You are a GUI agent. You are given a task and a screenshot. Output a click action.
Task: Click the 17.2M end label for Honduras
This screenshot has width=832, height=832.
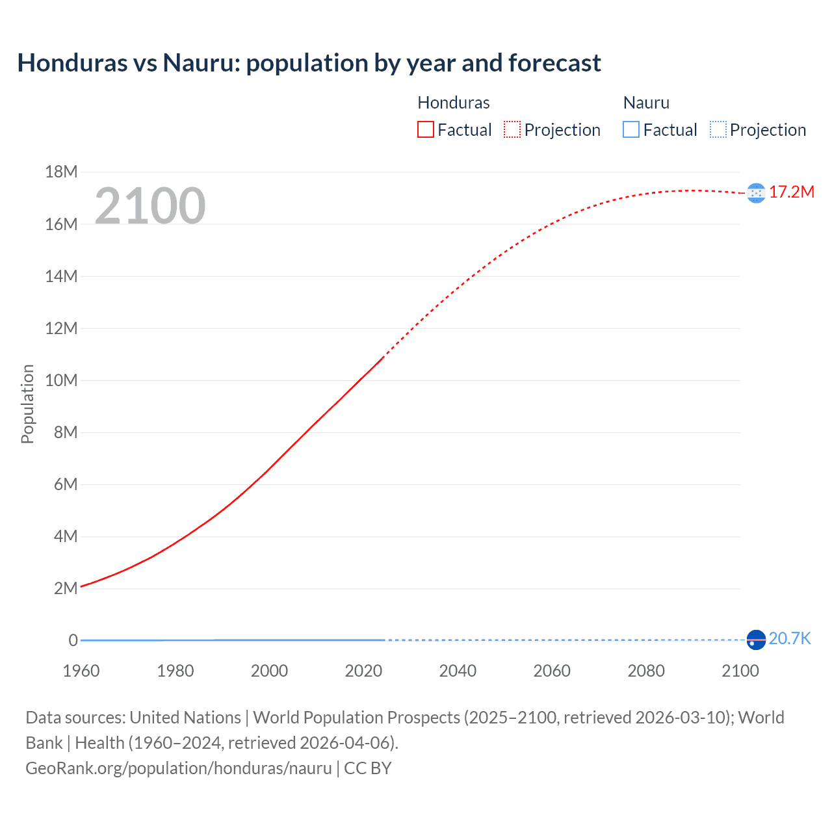[791, 192]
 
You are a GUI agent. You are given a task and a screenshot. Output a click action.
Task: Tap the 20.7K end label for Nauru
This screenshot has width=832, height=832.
[790, 638]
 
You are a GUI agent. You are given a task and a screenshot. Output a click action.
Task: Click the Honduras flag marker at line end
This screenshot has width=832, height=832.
[756, 193]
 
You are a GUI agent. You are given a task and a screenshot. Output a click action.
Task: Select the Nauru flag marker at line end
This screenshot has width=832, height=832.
[756, 640]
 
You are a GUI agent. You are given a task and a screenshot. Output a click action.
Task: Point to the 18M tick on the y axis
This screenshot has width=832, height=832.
[61, 172]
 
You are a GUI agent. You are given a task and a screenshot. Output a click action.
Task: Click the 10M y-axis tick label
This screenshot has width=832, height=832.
[61, 380]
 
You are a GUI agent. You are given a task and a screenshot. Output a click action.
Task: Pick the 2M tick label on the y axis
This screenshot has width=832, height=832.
[66, 588]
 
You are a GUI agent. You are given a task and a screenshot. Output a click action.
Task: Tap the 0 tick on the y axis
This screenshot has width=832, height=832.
[73, 640]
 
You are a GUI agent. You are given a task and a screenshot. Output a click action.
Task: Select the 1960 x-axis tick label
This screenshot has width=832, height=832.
[81, 671]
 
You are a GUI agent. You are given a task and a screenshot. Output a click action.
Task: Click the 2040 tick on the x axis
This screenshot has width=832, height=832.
[458, 671]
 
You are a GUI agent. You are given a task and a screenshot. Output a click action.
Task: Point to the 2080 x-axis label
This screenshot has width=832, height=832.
[646, 671]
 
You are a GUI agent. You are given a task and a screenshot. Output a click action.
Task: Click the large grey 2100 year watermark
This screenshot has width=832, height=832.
[150, 206]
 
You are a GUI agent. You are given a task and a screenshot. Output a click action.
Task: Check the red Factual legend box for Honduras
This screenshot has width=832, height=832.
[426, 129]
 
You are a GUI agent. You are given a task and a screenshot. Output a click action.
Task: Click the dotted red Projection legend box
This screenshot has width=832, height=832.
[512, 129]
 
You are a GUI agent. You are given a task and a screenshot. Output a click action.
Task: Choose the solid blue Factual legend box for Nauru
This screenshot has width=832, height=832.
[631, 129]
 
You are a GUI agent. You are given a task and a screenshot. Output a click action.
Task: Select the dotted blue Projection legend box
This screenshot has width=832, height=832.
[718, 129]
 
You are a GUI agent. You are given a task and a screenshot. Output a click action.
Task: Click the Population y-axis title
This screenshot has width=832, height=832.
[27, 404]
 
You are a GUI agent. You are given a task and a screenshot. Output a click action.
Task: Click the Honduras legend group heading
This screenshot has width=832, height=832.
[453, 103]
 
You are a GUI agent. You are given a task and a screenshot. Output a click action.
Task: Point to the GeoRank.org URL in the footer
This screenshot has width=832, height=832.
[179, 768]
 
